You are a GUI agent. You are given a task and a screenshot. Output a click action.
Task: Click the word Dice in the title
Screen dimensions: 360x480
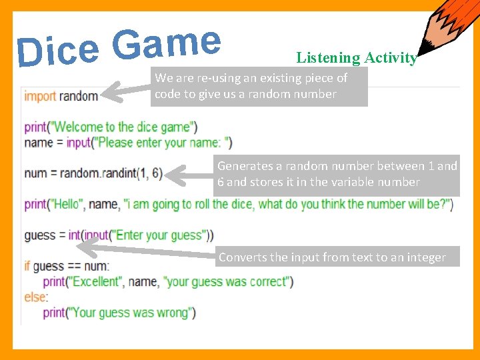[x=58, y=51]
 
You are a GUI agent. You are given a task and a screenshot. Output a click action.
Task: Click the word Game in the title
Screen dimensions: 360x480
[x=166, y=43]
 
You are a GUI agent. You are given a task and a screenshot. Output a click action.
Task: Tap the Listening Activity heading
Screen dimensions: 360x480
[x=357, y=58]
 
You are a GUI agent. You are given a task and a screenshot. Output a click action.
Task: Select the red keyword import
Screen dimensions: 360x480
[x=40, y=96]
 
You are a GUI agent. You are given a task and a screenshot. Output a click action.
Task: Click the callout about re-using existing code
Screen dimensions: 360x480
[x=260, y=87]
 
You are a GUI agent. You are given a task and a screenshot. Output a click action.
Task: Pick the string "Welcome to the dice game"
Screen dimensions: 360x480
[x=123, y=127]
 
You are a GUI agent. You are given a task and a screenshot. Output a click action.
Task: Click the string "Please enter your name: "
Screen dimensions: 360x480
[x=163, y=141]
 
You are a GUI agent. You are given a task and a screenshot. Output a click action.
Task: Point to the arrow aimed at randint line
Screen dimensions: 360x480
[x=189, y=175]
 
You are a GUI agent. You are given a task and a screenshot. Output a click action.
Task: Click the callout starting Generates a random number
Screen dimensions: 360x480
[x=337, y=174]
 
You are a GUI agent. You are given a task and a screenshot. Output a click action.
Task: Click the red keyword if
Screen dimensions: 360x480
[x=28, y=267]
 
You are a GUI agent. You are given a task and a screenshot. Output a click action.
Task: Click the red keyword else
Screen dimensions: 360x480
[x=35, y=297]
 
